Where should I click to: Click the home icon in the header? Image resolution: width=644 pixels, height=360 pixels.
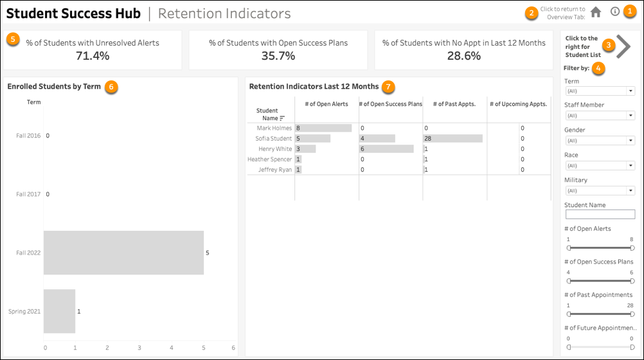click(x=596, y=12)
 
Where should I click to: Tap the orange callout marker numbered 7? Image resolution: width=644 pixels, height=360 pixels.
click(x=389, y=86)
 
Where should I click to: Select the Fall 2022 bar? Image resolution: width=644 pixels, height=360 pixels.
click(x=123, y=253)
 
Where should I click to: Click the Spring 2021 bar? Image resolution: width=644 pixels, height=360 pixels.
click(x=59, y=311)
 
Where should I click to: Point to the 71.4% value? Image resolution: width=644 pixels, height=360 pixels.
click(x=93, y=56)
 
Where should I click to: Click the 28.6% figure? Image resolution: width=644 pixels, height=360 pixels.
click(x=463, y=56)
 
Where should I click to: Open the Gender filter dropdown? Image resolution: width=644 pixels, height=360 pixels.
click(x=599, y=141)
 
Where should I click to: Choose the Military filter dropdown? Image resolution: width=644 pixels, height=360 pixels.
click(x=599, y=191)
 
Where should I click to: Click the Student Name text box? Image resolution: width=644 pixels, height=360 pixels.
click(x=599, y=215)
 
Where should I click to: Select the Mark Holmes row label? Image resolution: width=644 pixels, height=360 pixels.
click(x=274, y=129)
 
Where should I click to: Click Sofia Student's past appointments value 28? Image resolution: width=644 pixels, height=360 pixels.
click(x=428, y=139)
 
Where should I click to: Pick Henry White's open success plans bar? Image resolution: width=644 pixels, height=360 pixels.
click(x=386, y=149)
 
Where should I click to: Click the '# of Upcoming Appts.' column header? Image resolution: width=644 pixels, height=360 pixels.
click(x=518, y=104)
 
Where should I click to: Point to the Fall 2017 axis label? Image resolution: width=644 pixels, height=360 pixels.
click(x=28, y=194)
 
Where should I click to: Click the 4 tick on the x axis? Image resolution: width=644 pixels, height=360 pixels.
click(x=172, y=348)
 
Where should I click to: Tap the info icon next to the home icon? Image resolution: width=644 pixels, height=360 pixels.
click(x=615, y=12)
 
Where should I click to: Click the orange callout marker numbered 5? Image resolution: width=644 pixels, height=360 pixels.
click(x=13, y=39)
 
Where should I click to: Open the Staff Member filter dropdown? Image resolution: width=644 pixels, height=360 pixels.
click(x=599, y=116)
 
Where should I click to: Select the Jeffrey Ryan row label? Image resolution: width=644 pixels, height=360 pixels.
click(x=275, y=170)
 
